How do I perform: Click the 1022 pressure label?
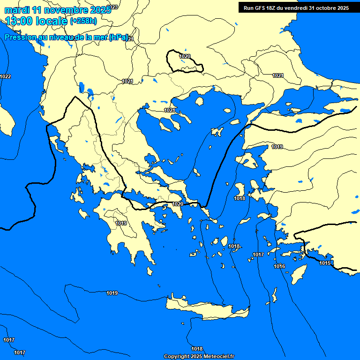pos(6,76)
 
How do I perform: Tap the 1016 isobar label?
pos(279,266)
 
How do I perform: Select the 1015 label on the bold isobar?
pos(325,263)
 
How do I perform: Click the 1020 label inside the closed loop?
pos(185,56)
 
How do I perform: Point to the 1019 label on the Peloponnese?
pos(121,223)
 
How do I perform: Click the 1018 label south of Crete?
pos(197,349)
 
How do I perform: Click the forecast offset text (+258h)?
pos(83,21)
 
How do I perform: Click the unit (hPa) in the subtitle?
pos(119,38)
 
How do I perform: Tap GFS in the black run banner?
pos(261,8)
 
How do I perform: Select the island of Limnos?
pos(217,132)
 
